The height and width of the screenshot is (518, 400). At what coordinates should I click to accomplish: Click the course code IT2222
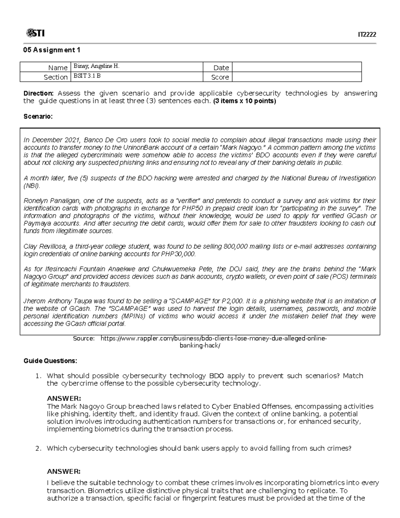pyautogui.click(x=367, y=35)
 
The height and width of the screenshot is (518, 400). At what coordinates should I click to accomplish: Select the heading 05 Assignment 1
pyautogui.click(x=51, y=50)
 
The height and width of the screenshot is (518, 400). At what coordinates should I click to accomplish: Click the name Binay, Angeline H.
pyautogui.click(x=96, y=66)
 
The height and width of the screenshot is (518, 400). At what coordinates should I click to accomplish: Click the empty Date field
pyautogui.click(x=297, y=67)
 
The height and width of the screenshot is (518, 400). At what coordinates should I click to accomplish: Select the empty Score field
pyautogui.click(x=297, y=77)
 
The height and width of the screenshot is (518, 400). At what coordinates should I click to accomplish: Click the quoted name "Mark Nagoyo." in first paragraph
pyautogui.click(x=241, y=147)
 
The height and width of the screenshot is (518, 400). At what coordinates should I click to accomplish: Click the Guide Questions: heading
pyautogui.click(x=50, y=361)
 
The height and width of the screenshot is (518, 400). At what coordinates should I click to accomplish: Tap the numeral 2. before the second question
pyautogui.click(x=38, y=448)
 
